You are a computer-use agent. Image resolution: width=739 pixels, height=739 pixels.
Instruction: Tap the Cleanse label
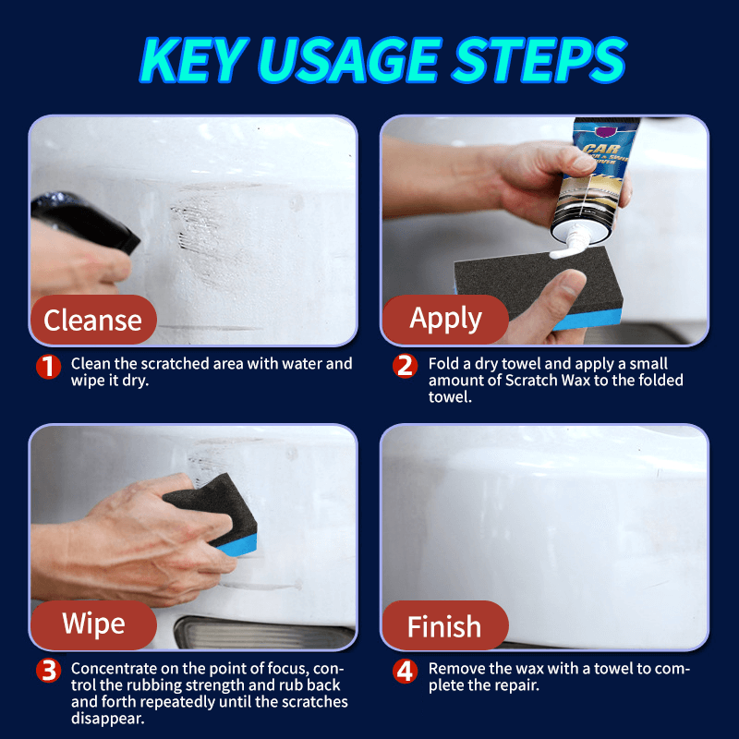pyautogui.click(x=92, y=320)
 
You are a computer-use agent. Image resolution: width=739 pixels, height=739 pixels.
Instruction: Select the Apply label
pyautogui.click(x=445, y=319)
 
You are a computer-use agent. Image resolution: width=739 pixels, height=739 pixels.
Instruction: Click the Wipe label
pyautogui.click(x=92, y=624)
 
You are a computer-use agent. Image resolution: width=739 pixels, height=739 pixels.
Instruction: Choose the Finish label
pyautogui.click(x=444, y=627)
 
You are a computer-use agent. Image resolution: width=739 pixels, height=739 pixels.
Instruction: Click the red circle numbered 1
pyautogui.click(x=49, y=367)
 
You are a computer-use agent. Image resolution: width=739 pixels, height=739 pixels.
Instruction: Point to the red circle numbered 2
pyautogui.click(x=405, y=367)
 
